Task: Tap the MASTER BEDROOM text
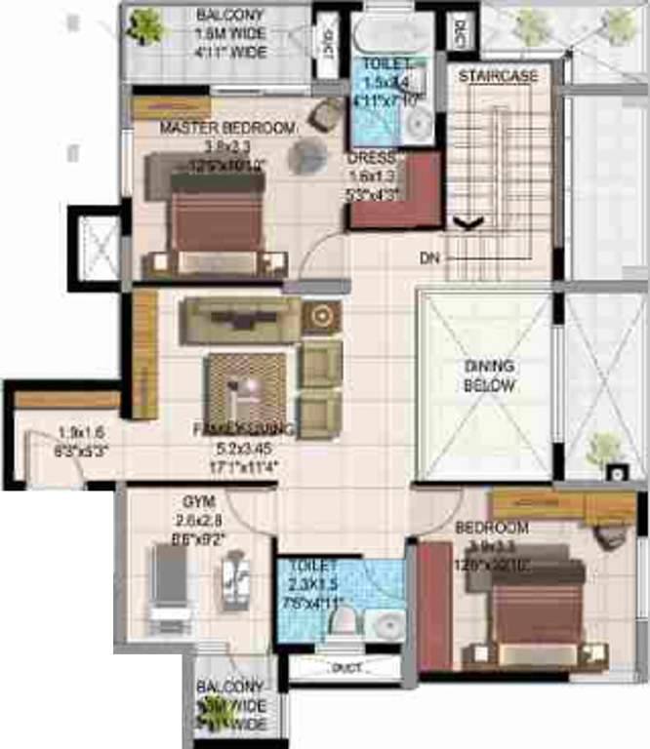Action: (227, 128)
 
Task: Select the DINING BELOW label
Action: (489, 375)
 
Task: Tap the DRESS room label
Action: (371, 158)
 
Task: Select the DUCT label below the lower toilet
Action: (344, 668)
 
